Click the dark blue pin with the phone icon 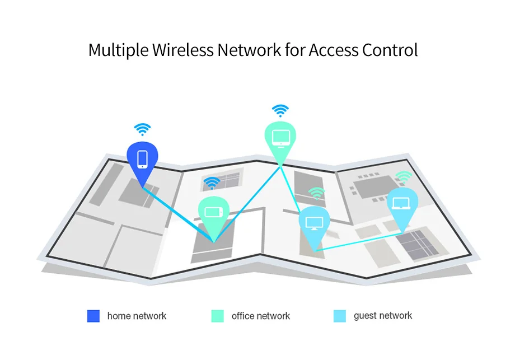(142, 162)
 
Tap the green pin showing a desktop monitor (280, 141)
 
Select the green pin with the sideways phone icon (213, 215)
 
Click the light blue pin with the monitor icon (315, 225)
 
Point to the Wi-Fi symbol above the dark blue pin (143, 129)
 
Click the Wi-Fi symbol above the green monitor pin (280, 111)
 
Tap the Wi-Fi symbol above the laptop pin (404, 177)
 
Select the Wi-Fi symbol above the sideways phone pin (212, 183)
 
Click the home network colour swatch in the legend (93, 316)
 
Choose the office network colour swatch (217, 316)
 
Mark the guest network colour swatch (340, 316)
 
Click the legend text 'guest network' (383, 316)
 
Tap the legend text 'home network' (137, 316)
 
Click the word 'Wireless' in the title (183, 50)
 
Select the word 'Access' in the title (334, 50)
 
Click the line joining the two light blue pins (358, 242)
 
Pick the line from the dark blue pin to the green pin (178, 215)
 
